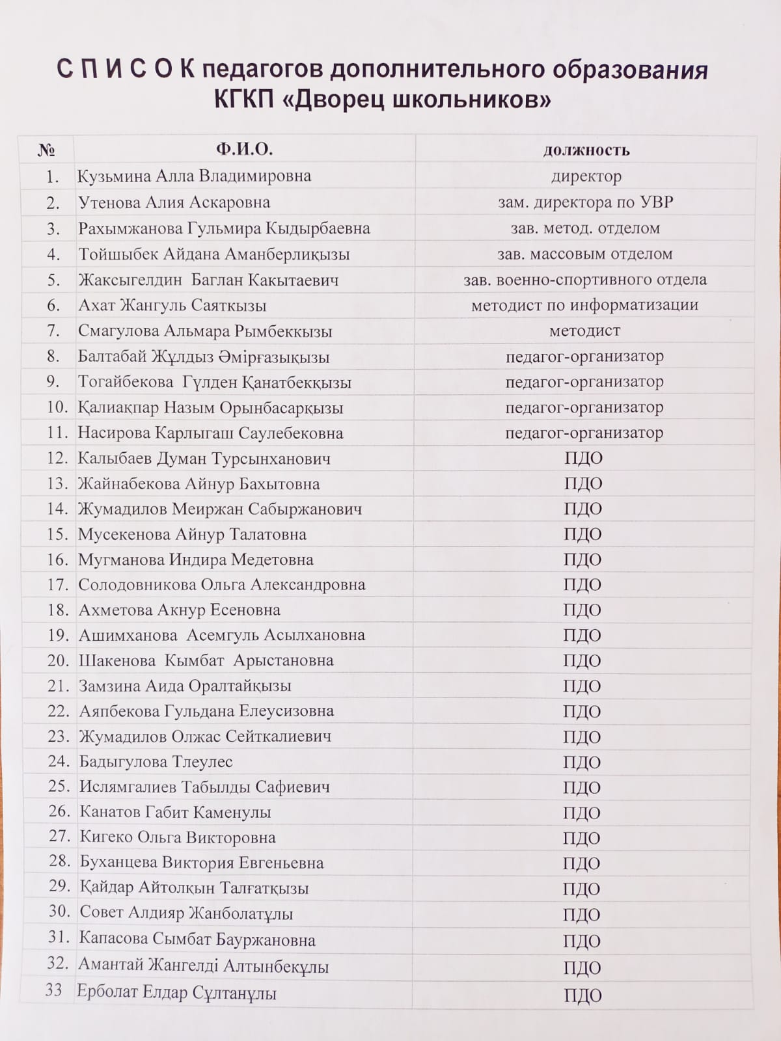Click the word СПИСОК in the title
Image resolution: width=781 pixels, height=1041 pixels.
click(x=125, y=70)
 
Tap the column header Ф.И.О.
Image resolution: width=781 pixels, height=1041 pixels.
click(x=244, y=150)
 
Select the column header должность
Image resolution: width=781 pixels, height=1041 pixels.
click(x=586, y=150)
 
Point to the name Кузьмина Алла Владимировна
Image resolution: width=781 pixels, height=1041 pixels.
click(x=194, y=176)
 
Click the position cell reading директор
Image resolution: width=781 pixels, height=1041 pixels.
click(x=586, y=176)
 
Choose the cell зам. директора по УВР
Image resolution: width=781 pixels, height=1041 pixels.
click(x=586, y=202)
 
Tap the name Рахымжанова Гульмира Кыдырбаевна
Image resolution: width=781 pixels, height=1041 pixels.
click(x=224, y=228)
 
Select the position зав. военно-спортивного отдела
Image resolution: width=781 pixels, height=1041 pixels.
click(x=584, y=280)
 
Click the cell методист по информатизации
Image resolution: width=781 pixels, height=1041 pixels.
click(x=584, y=305)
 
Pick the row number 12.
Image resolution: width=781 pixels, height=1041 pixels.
click(x=57, y=458)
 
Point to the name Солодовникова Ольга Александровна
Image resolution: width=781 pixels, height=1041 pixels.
click(x=221, y=585)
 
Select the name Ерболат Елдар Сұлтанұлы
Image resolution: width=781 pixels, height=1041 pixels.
click(x=177, y=994)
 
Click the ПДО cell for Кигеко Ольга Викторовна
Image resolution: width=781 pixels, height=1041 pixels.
click(x=582, y=838)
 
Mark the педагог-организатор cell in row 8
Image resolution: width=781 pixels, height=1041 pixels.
click(x=584, y=357)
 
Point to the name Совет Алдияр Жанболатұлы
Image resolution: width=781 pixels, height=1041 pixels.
click(x=186, y=913)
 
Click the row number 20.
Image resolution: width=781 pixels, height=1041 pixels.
click(x=57, y=660)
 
